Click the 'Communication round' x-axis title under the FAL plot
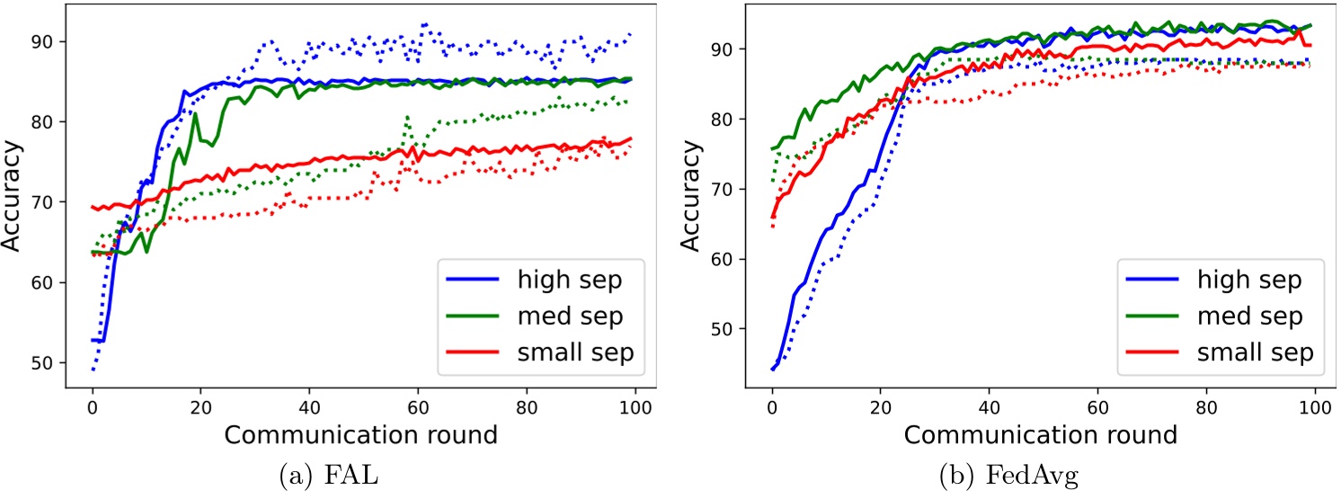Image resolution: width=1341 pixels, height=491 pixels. pos(360,436)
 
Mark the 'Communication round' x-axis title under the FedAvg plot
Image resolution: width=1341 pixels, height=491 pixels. pos(1040,436)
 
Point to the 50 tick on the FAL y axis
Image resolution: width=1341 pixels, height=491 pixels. pos(57,363)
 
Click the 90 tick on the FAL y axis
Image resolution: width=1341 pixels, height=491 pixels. pos(57,41)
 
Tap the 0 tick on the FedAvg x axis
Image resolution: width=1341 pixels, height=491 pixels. pos(771,406)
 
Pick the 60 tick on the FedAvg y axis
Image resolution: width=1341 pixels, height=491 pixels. pos(736,259)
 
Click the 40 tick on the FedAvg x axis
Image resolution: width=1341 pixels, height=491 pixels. pos(990,406)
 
